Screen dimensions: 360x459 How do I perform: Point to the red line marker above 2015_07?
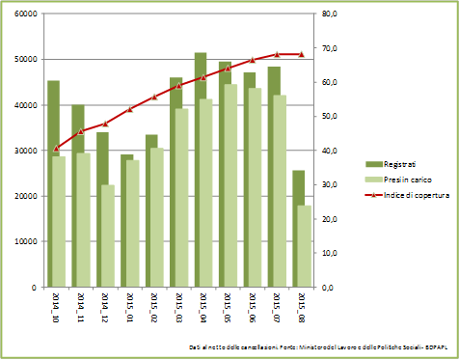point(277,54)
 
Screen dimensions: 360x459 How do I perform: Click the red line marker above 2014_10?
point(56,149)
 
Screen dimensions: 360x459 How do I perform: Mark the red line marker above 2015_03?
point(178,85)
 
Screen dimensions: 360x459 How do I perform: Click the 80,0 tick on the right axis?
point(329,14)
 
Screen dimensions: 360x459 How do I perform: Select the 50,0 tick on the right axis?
point(329,117)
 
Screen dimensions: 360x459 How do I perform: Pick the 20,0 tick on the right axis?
point(329,219)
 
